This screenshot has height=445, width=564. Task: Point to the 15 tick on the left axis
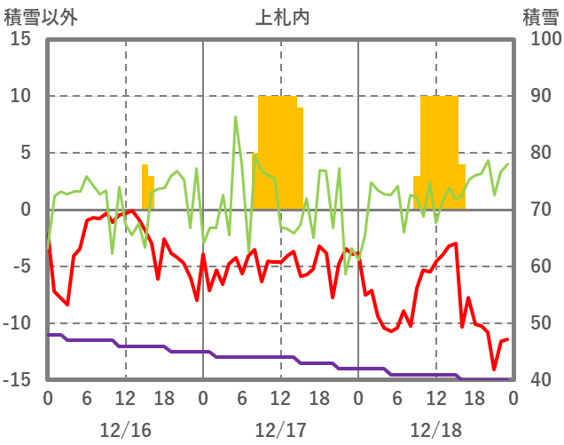tap(20, 39)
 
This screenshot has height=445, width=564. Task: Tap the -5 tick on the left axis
tap(20, 266)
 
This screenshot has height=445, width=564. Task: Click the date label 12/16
tap(125, 430)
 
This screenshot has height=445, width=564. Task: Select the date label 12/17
tap(280, 430)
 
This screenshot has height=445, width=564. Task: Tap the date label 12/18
tap(435, 430)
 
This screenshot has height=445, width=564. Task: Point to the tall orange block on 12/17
tap(278, 151)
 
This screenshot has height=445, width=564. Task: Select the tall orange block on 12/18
tap(439, 151)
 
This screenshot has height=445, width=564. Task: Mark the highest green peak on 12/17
tap(236, 117)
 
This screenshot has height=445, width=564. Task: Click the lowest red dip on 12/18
tap(494, 369)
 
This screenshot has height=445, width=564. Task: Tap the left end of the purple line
tap(48, 335)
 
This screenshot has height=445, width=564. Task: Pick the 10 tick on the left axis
tap(20, 96)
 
